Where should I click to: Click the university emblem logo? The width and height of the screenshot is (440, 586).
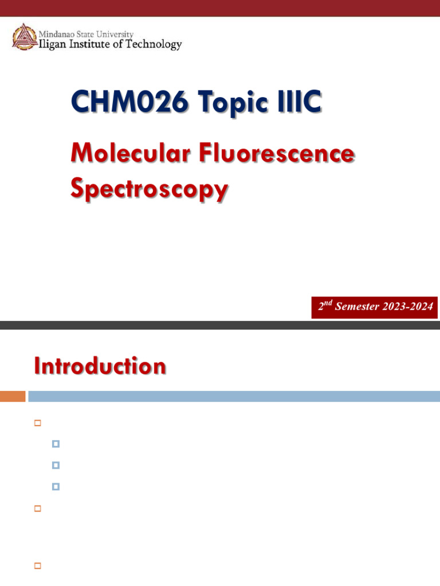click(23, 37)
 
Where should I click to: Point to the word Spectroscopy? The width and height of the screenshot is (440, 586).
click(149, 189)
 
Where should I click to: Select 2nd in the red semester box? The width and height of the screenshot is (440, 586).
click(325, 306)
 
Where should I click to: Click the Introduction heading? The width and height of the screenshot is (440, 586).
click(100, 366)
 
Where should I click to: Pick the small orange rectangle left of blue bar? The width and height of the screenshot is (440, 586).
click(13, 396)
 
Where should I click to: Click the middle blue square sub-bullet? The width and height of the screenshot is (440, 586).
click(56, 465)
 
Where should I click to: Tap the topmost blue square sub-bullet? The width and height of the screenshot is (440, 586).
click(56, 444)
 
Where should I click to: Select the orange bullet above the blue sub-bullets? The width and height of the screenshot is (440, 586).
click(38, 423)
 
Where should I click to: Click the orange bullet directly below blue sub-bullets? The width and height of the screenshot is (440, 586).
click(38, 508)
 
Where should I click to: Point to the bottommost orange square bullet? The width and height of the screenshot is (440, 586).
click(38, 566)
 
